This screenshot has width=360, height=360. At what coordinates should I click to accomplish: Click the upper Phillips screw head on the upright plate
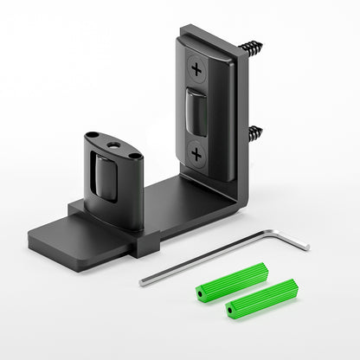click(x=198, y=67)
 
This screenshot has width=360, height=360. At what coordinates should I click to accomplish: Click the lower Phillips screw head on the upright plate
click(x=198, y=153)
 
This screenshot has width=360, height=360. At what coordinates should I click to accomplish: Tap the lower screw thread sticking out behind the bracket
click(x=255, y=133)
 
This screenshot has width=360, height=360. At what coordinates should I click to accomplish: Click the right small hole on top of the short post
click(x=133, y=156)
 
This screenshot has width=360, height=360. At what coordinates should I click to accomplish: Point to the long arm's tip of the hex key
click(x=142, y=282)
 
